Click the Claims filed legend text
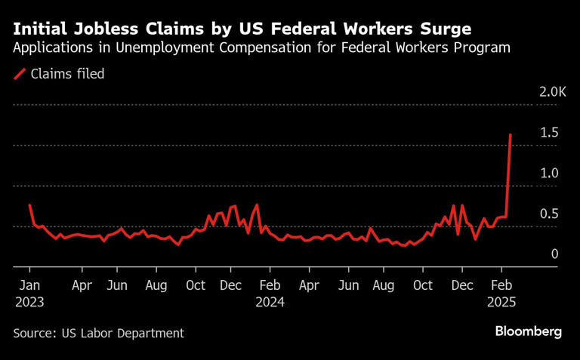pos(67,74)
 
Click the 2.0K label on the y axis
pos(552,92)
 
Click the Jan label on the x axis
pos(29,286)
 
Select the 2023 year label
pos(29,302)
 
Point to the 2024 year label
pos(270,302)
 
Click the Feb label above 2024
pos(270,286)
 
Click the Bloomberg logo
pos(529,331)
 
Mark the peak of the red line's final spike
pos(511,134)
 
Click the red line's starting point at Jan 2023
pos(29,205)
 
